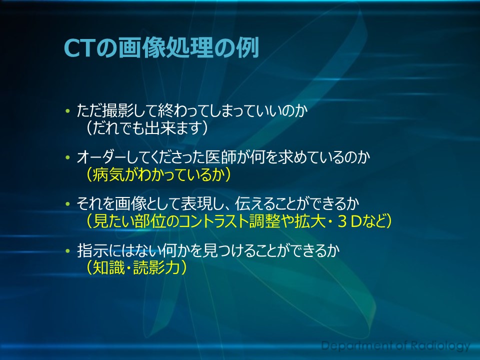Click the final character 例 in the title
click(x=248, y=48)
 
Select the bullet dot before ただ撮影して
click(x=67, y=111)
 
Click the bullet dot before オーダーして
click(x=67, y=157)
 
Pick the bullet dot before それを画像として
click(x=67, y=204)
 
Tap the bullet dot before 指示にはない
click(x=67, y=251)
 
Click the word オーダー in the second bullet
click(x=101, y=157)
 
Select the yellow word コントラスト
click(x=213, y=221)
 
